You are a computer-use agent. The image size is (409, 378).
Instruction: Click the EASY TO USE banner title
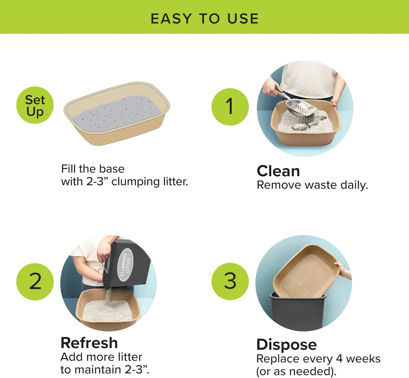[x=204, y=19]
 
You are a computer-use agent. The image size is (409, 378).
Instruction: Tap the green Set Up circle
[x=35, y=105]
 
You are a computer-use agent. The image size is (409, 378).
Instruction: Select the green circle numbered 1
[x=230, y=107]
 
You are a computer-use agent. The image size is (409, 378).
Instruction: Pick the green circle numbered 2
[x=35, y=282]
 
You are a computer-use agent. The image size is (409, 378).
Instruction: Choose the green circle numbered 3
[x=230, y=281]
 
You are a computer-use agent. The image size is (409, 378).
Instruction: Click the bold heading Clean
[x=278, y=171]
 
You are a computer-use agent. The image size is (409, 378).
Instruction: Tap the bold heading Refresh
[x=89, y=343]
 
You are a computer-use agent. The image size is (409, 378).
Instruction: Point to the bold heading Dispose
[x=287, y=345]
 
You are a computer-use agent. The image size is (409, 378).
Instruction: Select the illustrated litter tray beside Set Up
[x=117, y=114]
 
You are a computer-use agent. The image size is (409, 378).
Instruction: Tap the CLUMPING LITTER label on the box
[x=125, y=264]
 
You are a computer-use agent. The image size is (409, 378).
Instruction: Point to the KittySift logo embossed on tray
[x=307, y=283]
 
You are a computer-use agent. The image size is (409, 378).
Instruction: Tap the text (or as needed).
[x=296, y=371]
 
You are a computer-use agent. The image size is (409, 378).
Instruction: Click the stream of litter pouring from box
[x=109, y=295]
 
